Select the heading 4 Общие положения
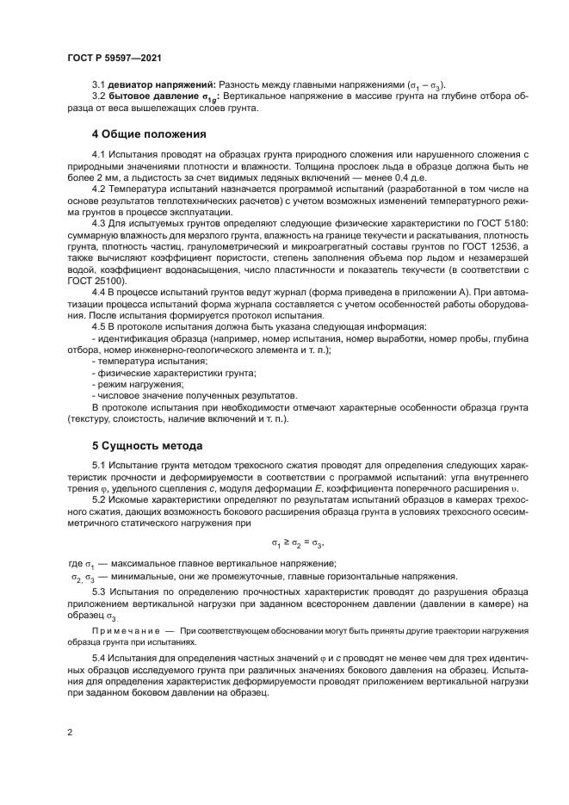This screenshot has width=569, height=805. [149, 133]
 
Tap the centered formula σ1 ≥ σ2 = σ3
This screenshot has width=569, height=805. [298, 543]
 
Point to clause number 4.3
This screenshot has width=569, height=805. [99, 223]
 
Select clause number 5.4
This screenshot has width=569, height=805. [99, 659]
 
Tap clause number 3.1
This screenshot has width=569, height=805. [99, 85]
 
